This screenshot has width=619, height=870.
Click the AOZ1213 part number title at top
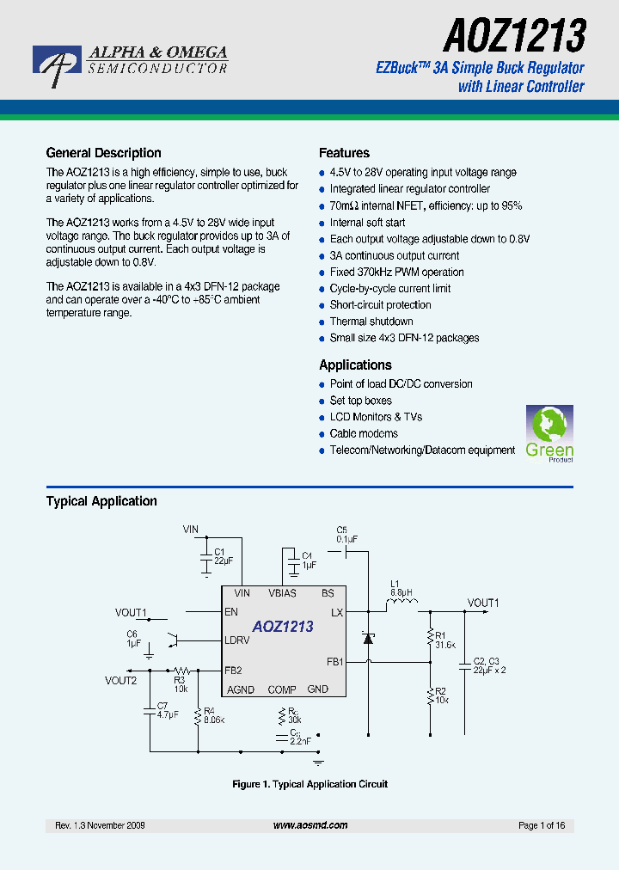pyautogui.click(x=514, y=35)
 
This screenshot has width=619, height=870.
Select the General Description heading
pyautogui.click(x=103, y=153)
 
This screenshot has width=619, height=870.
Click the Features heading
pyautogui.click(x=344, y=153)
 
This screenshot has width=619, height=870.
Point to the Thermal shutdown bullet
pyautogui.click(x=371, y=322)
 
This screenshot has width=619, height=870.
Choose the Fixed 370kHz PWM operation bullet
pyautogui.click(x=396, y=272)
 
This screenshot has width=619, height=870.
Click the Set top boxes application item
pyautogui.click(x=360, y=401)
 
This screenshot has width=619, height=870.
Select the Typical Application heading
pyautogui.click(x=101, y=501)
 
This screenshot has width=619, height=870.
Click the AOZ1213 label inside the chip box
pyautogui.click(x=283, y=627)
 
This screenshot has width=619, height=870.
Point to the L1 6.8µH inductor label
pyautogui.click(x=401, y=587)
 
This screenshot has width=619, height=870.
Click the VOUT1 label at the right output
pyautogui.click(x=483, y=603)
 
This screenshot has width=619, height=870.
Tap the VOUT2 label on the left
pyautogui.click(x=121, y=680)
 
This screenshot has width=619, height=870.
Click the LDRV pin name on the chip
pyautogui.click(x=237, y=640)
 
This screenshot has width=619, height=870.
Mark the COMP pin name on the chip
pyautogui.click(x=282, y=689)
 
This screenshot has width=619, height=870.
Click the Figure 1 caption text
pyautogui.click(x=310, y=784)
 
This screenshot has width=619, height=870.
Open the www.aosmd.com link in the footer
pyautogui.click(x=310, y=825)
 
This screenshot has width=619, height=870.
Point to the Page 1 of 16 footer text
pyautogui.click(x=542, y=825)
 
